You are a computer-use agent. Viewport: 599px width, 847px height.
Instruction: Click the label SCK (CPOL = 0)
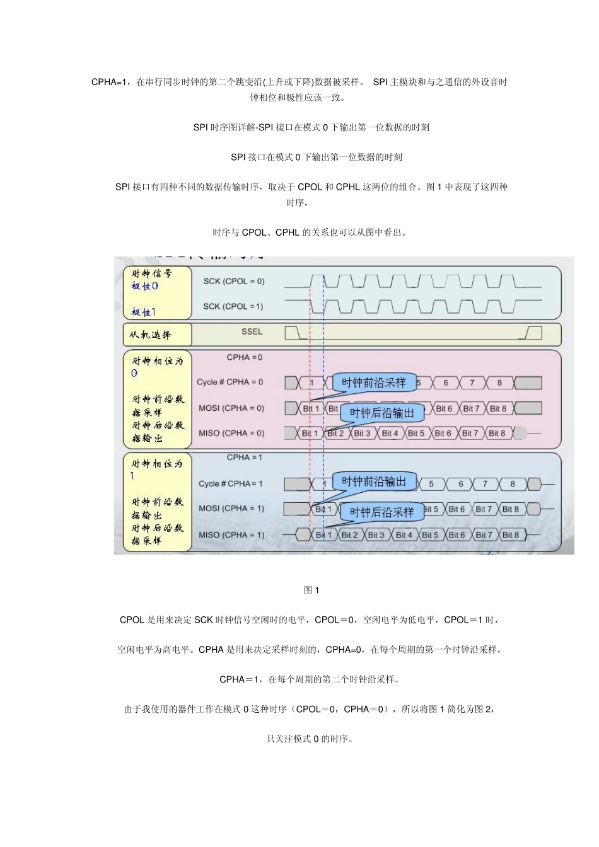point(234,281)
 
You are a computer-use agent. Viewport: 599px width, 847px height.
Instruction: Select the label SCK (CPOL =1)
point(233,306)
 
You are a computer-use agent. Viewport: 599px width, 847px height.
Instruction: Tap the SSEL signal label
point(252,331)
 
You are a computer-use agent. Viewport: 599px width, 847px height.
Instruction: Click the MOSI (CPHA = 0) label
point(231,408)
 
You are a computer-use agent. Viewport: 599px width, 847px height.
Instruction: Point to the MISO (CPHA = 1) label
point(231,535)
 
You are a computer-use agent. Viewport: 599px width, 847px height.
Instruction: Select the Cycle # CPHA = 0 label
point(230,382)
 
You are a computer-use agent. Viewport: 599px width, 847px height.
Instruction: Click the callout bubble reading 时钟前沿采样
point(374,383)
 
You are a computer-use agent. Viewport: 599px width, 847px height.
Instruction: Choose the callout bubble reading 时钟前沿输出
point(374,481)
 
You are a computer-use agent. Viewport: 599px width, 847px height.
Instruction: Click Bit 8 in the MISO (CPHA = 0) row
point(497,434)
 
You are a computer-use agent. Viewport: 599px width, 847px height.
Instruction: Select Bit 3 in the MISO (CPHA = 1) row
point(376,535)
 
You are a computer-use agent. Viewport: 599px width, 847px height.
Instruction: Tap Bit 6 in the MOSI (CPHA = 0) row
point(444,408)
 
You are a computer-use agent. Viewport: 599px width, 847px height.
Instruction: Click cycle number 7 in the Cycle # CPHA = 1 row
point(485,484)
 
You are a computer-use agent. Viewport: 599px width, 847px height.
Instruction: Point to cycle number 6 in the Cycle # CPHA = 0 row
point(446,383)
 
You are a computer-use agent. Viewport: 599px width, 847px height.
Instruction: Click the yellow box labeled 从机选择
point(157,335)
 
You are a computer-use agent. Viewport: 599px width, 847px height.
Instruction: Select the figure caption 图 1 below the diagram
point(311,590)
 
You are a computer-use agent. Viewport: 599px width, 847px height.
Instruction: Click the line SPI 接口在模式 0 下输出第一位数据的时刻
point(317,157)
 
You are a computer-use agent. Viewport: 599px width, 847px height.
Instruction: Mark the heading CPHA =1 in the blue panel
point(245,458)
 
